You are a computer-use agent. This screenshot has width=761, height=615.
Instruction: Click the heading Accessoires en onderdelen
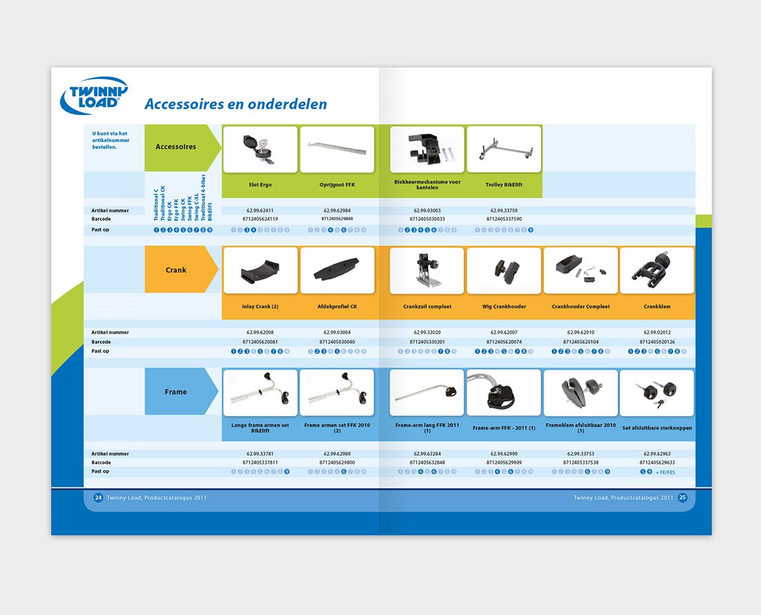pyautogui.click(x=235, y=104)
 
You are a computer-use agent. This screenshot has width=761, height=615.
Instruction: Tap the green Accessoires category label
pyautogui.click(x=176, y=147)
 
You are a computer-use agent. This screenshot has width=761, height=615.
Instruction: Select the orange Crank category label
pyautogui.click(x=176, y=270)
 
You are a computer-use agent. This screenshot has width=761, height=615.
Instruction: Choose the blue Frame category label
pyautogui.click(x=176, y=391)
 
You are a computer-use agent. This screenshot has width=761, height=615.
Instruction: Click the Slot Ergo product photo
pyautogui.click(x=260, y=149)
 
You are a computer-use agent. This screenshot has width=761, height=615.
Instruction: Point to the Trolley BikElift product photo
pyautogui.click(x=504, y=149)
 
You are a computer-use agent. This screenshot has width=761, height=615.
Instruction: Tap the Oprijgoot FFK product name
pyautogui.click(x=337, y=184)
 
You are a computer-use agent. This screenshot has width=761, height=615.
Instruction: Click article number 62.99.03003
pyautogui.click(x=427, y=210)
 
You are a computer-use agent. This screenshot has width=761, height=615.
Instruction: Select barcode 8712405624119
pyautogui.click(x=260, y=219)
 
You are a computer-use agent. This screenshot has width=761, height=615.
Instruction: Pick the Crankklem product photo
pyautogui.click(x=657, y=270)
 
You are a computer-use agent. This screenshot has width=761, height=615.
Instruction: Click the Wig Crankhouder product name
pyautogui.click(x=504, y=307)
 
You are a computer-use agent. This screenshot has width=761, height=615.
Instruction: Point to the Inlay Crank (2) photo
pyautogui.click(x=260, y=270)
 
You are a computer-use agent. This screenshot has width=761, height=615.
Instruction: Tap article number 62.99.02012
pyautogui.click(x=657, y=332)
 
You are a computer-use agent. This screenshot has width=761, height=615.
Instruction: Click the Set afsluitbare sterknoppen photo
pyautogui.click(x=657, y=393)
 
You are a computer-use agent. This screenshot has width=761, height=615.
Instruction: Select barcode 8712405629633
pyautogui.click(x=657, y=462)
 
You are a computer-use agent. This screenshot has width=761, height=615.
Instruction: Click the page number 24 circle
pyautogui.click(x=98, y=497)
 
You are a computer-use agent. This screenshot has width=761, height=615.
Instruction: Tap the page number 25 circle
pyautogui.click(x=682, y=497)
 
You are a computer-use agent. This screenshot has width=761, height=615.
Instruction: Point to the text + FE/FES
pyautogui.click(x=665, y=472)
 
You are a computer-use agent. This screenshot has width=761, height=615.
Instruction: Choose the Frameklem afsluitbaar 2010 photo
pyautogui.click(x=581, y=393)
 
